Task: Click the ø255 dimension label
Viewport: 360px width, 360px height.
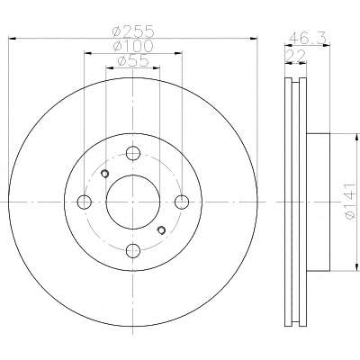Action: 133,31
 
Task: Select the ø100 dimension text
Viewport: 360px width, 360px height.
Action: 133,46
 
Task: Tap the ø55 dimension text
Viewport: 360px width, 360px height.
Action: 133,61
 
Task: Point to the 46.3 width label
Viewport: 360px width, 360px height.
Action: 308,39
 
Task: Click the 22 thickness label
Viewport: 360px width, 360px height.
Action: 295,56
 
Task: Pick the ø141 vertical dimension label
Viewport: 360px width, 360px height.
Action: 350,202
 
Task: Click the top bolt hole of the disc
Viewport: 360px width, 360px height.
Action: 133,153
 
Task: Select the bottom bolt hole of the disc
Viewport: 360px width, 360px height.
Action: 133,251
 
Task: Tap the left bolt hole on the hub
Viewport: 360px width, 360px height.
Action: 85,202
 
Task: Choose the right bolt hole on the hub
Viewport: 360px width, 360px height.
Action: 182,202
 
